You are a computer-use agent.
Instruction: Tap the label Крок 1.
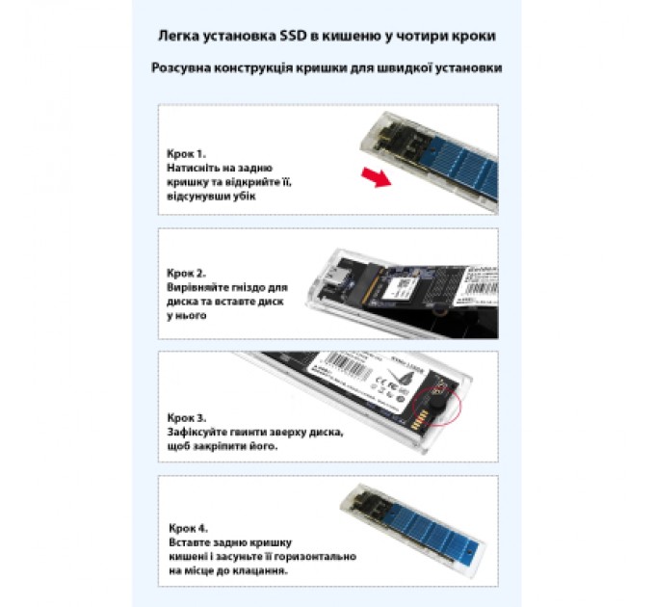(x=185, y=153)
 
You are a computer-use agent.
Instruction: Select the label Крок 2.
(x=185, y=273)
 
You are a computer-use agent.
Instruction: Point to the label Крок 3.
(x=185, y=419)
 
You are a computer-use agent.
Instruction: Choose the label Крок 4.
(x=185, y=529)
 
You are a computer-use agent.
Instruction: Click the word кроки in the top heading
(x=475, y=37)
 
